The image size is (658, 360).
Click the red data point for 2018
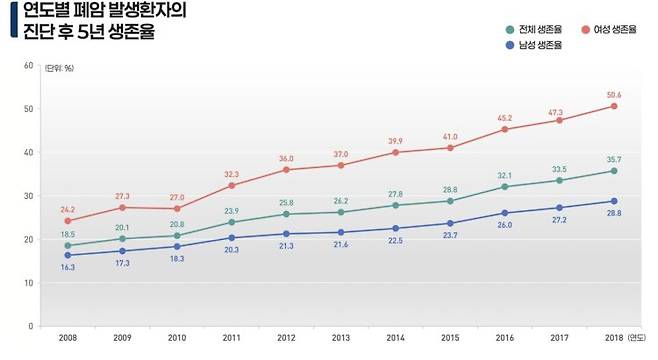pos(613,106)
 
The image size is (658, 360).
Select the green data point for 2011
pos(232,222)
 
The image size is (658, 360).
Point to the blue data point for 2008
pos(68,255)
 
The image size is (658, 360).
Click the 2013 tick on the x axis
pos(340,339)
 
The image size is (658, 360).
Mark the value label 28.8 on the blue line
pos(613,214)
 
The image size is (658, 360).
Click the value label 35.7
pos(613,158)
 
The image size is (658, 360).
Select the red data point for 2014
pos(395,152)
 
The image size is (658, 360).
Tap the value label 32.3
pos(232,172)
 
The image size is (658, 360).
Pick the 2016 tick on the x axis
pos(504,339)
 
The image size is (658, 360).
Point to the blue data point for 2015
pos(449,223)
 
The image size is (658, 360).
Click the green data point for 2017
pos(559,180)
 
